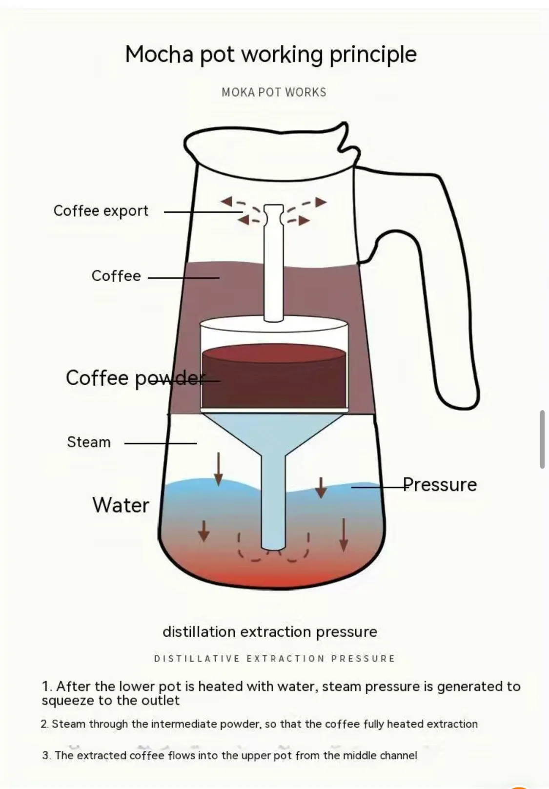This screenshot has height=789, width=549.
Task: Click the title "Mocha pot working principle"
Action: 271,54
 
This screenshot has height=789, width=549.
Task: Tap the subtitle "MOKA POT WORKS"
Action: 274,92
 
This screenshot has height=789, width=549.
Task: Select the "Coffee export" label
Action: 101,211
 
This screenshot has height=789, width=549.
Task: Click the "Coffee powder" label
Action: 135,378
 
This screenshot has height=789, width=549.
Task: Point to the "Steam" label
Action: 89,442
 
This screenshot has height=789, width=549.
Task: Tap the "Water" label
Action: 121,505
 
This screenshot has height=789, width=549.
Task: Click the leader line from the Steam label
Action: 161,443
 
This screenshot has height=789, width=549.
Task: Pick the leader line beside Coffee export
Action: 203,212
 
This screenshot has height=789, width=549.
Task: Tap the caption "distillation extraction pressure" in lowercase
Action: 270,632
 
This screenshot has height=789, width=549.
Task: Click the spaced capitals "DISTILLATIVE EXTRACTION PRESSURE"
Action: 274,659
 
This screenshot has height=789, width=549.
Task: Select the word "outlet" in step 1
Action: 161,701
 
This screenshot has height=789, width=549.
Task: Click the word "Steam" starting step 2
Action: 69,724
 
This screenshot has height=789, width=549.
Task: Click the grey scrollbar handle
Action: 542,439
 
